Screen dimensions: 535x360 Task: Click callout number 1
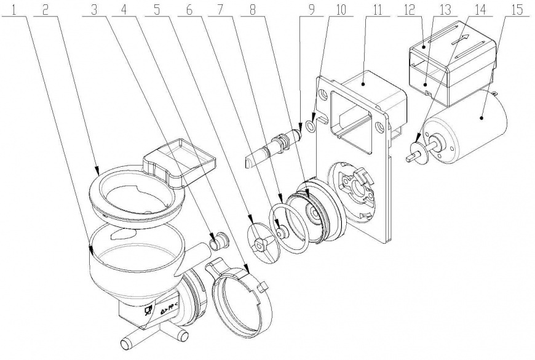(x=14, y=10)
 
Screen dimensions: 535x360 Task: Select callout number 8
(x=253, y=10)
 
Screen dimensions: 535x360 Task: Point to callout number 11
(x=377, y=10)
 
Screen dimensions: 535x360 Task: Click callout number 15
(x=517, y=10)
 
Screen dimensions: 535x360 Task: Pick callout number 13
(x=445, y=10)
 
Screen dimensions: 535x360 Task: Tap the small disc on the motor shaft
(x=418, y=150)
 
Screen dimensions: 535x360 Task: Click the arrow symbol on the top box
(x=461, y=40)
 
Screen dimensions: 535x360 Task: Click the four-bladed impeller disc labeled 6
(x=264, y=243)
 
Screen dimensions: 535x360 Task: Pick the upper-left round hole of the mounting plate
(x=323, y=95)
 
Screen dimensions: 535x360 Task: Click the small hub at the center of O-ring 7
(x=282, y=233)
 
